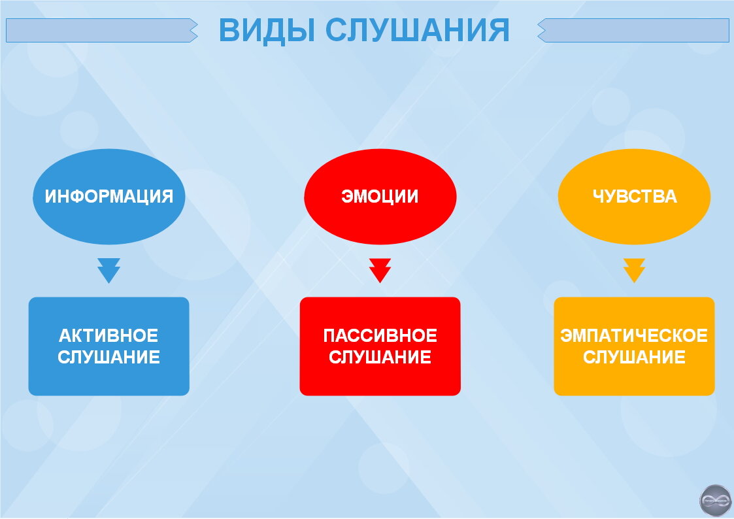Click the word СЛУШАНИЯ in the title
(417, 31)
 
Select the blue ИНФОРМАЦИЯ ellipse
(109, 197)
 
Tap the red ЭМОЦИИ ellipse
(380, 197)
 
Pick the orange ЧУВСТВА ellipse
(634, 197)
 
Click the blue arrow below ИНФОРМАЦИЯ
(109, 271)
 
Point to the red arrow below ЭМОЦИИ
(380, 271)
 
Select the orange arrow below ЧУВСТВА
(634, 271)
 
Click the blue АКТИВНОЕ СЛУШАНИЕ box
(109, 346)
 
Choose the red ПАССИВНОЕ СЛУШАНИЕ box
(380, 346)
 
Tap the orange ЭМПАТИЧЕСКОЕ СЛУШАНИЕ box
(634, 346)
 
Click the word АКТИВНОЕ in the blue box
(108, 335)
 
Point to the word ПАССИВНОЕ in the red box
(380, 335)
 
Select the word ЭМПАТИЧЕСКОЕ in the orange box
(634, 335)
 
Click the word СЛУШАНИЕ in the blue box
(109, 357)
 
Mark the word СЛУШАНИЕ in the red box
(380, 357)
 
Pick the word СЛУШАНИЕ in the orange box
(634, 357)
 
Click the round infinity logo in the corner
(715, 500)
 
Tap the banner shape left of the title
(101, 31)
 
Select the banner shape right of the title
(633, 31)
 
